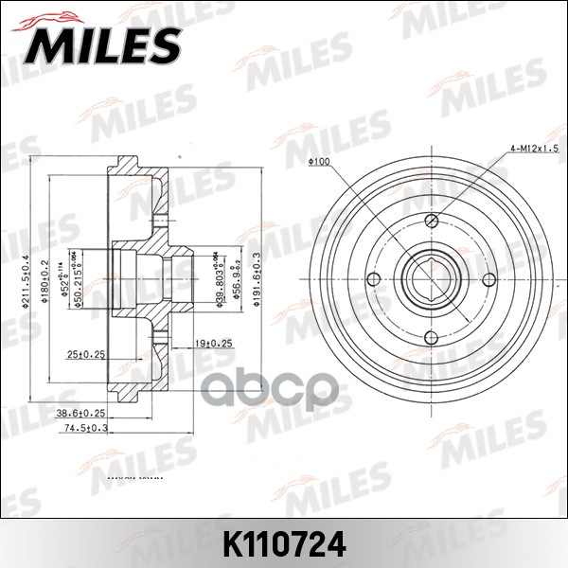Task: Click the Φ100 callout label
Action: click(x=319, y=162)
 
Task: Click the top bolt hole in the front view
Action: click(x=431, y=221)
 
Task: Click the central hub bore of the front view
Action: click(x=431, y=278)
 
